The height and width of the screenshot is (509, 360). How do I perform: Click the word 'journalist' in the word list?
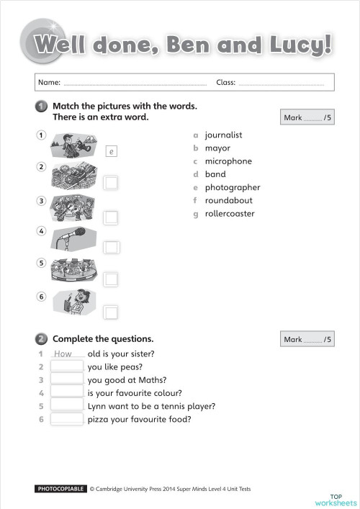(x=223, y=135)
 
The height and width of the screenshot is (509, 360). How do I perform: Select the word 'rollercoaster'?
(x=229, y=214)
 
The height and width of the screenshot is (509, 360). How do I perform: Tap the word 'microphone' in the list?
(x=228, y=161)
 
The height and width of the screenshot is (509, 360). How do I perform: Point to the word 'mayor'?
(x=217, y=148)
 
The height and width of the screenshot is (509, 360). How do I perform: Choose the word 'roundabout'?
(x=227, y=201)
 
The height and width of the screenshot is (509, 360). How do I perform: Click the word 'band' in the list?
(x=215, y=174)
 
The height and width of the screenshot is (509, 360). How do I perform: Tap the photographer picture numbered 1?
(x=72, y=143)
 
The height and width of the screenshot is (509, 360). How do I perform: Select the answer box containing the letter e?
(x=111, y=151)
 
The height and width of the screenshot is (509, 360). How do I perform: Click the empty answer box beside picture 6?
(x=111, y=312)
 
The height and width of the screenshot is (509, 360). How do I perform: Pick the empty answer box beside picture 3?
(x=111, y=217)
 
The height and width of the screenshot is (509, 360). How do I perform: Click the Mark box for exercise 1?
(x=307, y=118)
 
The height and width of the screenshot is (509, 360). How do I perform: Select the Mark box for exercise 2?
(x=307, y=339)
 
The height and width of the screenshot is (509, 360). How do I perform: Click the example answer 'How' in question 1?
(x=63, y=353)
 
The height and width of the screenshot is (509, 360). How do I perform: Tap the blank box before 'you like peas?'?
(x=67, y=366)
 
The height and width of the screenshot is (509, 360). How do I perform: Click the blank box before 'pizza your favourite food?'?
(x=67, y=419)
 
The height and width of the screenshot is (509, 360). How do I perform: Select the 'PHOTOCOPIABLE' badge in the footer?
(x=60, y=490)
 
